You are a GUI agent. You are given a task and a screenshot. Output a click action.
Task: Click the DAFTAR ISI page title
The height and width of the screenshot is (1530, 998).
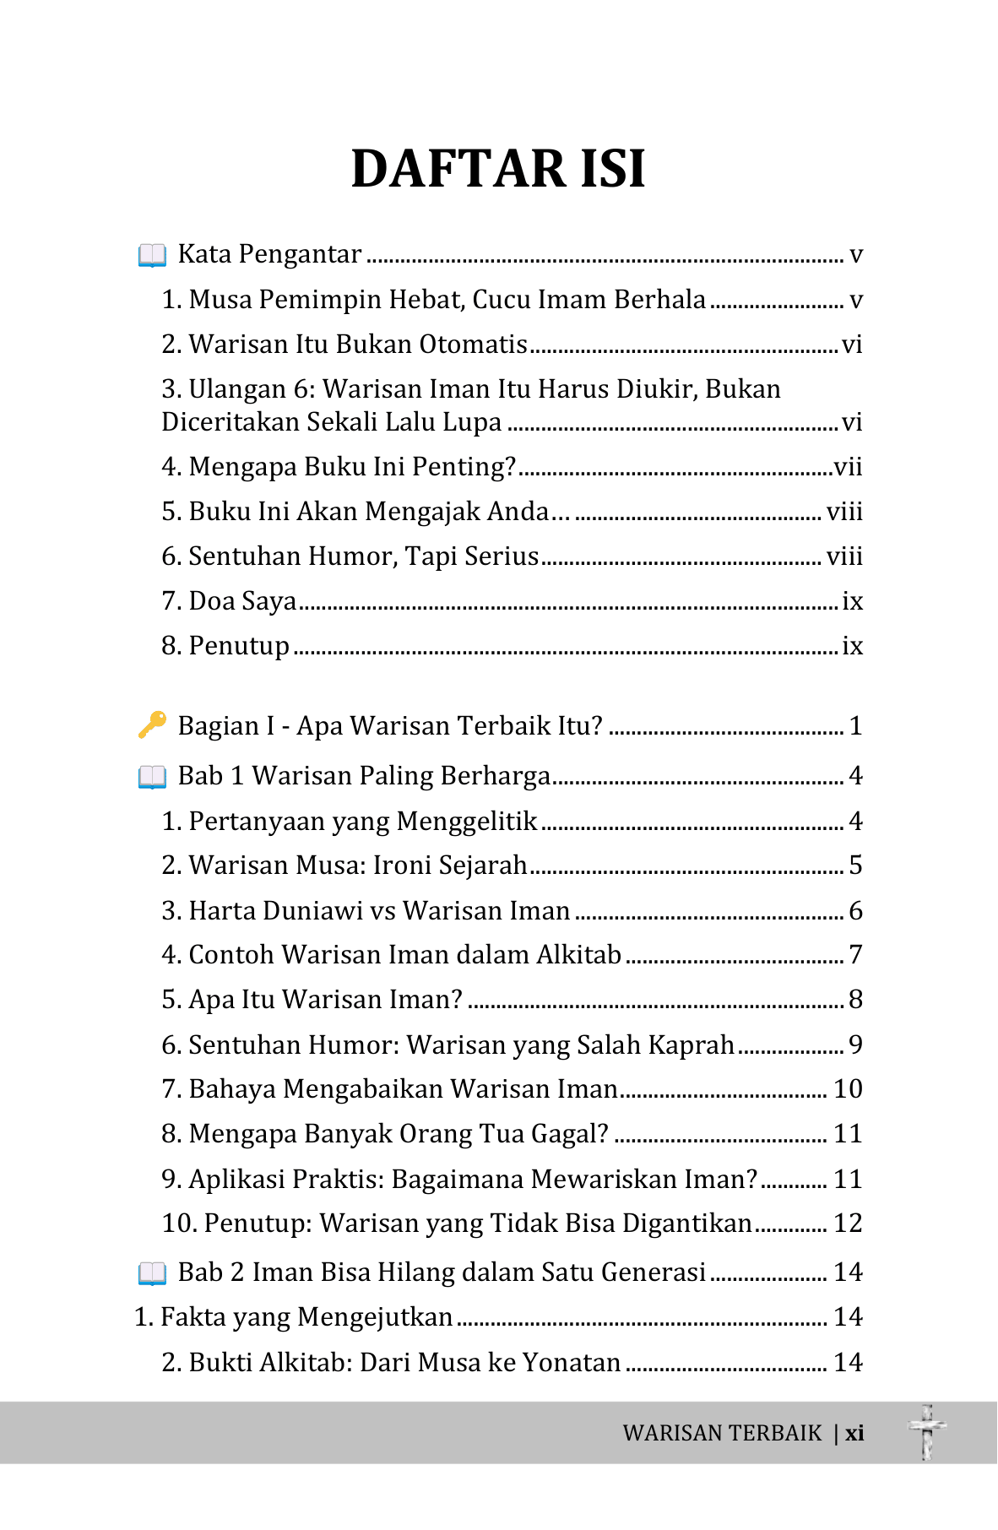(498, 168)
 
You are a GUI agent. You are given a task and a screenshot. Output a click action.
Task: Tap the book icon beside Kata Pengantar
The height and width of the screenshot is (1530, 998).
(152, 254)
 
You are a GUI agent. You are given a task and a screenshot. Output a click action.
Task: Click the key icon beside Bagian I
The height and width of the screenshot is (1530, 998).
(152, 724)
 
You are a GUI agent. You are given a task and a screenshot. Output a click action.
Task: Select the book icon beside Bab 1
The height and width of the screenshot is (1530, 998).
(152, 776)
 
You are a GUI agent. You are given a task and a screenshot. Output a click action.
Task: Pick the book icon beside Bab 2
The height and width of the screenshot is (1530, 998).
(152, 1272)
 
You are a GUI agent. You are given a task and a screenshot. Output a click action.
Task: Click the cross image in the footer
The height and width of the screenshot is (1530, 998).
(927, 1432)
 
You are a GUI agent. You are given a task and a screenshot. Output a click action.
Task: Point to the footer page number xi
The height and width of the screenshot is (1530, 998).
(854, 1433)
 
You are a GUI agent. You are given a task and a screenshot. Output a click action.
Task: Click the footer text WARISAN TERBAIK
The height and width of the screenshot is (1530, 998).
(722, 1433)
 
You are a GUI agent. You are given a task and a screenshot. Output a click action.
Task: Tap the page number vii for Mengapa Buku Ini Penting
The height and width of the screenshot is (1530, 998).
(848, 467)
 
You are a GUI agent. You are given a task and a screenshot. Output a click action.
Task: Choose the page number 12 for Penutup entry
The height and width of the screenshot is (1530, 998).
(848, 1223)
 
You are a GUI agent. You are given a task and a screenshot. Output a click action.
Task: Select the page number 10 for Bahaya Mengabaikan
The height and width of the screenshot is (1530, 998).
(848, 1089)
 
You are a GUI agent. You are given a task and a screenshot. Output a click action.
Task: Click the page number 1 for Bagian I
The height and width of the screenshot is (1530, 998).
(855, 726)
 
